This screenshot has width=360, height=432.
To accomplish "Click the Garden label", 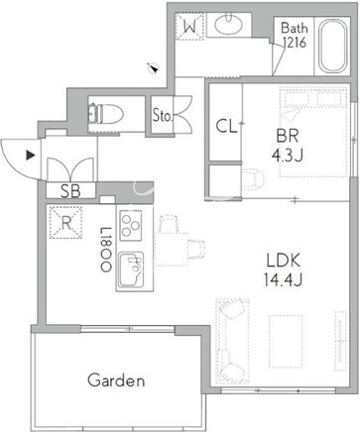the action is coord(116,380).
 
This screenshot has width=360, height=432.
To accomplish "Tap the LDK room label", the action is coord(284,261).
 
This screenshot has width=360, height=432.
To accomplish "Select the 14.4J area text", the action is coord(283,280).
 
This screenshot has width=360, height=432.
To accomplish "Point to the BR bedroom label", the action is coord(288,136).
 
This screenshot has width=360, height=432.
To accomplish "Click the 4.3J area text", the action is coord(288,155).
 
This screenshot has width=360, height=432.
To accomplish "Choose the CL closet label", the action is coord(226,126).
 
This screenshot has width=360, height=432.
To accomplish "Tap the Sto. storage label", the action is coord(163,115).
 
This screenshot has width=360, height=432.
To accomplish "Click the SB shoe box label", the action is coord(70,191).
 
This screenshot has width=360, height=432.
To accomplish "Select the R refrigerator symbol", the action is coord(65,223).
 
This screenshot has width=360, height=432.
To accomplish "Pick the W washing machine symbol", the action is coord(189,27).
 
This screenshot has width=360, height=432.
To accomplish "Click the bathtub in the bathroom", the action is coord(333,46).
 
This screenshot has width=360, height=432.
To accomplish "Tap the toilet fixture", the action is coord(106,114).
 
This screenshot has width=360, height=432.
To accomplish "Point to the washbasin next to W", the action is coord(229,24).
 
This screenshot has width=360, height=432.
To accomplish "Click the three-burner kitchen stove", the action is coord(131,226).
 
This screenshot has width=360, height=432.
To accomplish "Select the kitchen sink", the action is coord(131,270).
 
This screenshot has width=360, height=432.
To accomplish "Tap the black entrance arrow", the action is coord(31,156).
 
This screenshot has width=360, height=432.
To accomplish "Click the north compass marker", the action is coord(154,67).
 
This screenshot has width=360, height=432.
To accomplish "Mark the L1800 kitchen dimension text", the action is coord(106,250).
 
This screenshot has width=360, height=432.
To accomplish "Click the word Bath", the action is coord(295,28).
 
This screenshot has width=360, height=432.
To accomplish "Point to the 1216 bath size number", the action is coord(295,43).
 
